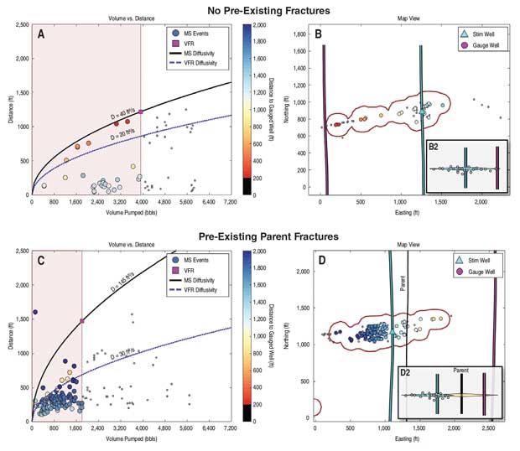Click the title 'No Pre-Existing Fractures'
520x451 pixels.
coord(260,11)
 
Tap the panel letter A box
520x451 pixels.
coord(41,33)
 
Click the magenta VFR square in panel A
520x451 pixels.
coord(140,111)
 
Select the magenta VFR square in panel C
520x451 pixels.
coord(82,320)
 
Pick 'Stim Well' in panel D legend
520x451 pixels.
coord(478,261)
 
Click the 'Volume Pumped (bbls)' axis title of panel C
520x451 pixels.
coord(131,440)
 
